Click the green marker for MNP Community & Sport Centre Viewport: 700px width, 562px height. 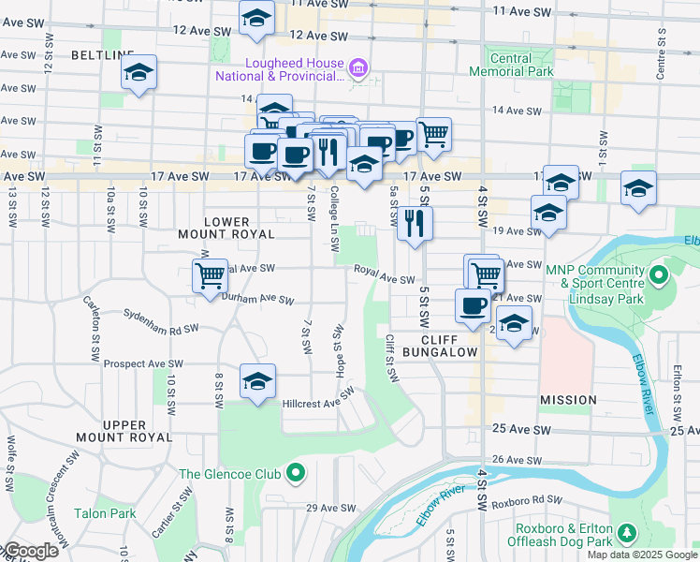[658, 276]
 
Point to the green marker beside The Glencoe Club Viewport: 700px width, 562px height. [297, 474]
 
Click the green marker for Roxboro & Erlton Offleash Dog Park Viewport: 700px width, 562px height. [627, 534]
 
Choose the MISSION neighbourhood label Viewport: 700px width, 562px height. [568, 400]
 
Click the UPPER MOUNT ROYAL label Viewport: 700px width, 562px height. [124, 431]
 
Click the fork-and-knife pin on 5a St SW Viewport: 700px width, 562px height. [415, 223]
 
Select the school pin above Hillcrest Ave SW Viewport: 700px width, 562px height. [257, 380]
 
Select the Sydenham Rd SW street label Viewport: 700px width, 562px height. [165, 329]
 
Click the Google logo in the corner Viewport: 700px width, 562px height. [30, 552]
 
